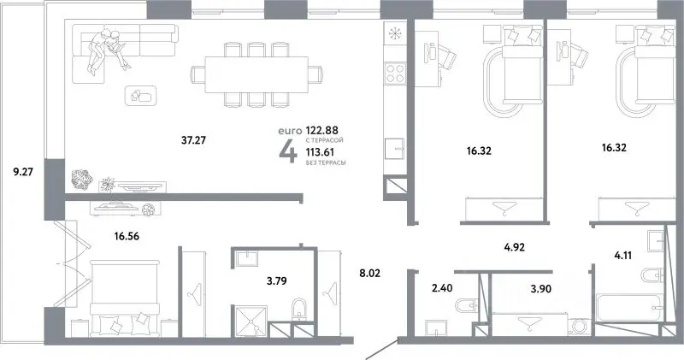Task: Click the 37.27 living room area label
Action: (x=193, y=140)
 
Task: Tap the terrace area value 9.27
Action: (x=23, y=172)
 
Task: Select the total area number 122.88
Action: (x=322, y=130)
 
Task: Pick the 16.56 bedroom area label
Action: (x=127, y=237)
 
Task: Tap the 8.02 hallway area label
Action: (x=369, y=274)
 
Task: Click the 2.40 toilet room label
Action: (x=442, y=288)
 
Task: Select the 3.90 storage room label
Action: (x=541, y=288)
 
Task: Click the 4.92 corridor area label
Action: (x=515, y=247)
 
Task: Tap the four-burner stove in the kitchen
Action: (x=395, y=74)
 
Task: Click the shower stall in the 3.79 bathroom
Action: (x=250, y=322)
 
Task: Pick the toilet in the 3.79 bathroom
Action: (x=298, y=308)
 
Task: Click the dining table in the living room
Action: (x=256, y=74)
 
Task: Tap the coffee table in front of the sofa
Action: (x=141, y=96)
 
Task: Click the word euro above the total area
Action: (x=290, y=131)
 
